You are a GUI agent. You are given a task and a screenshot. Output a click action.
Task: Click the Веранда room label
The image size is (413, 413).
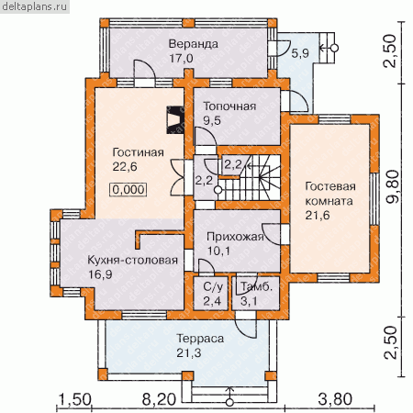194,44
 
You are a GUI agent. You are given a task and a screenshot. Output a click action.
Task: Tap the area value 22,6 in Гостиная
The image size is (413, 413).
125,167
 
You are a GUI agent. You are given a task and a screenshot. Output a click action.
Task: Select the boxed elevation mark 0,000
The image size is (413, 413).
128,190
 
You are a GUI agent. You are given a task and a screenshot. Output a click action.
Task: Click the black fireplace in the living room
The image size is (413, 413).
174,120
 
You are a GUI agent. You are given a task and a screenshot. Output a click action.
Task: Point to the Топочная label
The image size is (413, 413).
229,106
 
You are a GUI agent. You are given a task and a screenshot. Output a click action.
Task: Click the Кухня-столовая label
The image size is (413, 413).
133,260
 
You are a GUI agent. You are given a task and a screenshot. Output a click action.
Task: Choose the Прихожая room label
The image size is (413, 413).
235,237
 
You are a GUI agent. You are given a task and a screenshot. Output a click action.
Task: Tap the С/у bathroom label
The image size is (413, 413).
213,287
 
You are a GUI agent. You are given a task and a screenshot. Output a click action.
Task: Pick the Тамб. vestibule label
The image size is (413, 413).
256,286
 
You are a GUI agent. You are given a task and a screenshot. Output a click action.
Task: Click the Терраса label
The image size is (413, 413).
200,339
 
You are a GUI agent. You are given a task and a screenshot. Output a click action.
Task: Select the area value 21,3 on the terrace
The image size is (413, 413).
189,353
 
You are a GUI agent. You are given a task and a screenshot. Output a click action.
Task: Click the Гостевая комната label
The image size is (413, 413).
330,194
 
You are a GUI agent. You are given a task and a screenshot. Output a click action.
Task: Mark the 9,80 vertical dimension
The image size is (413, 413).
393,186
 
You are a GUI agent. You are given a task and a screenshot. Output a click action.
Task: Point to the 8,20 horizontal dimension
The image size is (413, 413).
159,399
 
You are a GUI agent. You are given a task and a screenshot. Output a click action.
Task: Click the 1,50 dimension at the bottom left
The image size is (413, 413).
74,399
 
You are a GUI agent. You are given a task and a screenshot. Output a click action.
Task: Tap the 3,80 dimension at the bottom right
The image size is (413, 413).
335,399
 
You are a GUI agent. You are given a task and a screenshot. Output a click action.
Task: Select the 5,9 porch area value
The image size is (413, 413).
300,53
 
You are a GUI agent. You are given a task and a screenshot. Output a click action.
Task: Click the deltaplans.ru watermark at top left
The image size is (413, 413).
35,6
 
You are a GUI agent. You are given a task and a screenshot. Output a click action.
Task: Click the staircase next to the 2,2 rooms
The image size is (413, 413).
250,178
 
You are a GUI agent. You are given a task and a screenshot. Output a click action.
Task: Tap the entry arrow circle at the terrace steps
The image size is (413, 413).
229,403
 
